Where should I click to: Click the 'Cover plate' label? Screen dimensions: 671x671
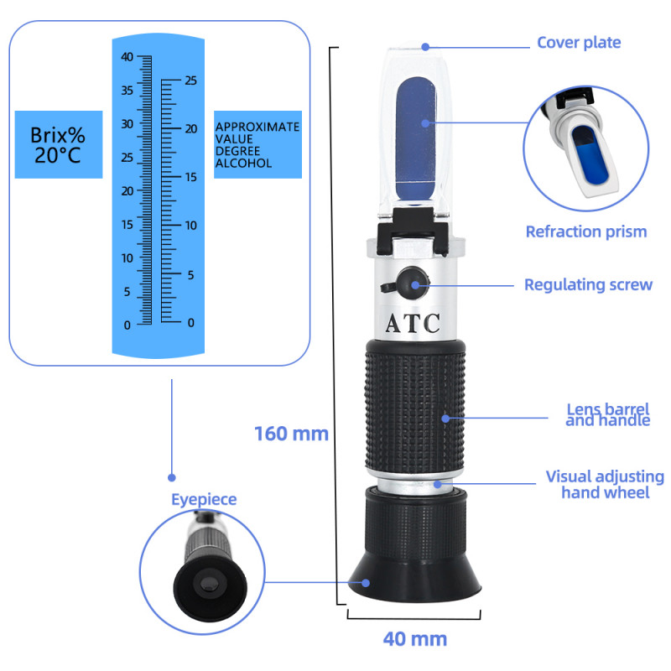579,42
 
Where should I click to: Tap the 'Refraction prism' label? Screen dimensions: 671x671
586,231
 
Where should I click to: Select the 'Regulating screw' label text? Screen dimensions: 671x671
588,284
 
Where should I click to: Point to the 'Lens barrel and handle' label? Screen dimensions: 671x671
607,415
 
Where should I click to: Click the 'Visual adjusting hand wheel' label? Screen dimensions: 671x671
604,484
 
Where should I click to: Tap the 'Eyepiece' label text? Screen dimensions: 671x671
204,499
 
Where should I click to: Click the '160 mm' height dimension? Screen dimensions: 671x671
291,434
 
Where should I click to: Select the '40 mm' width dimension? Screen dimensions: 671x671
414,638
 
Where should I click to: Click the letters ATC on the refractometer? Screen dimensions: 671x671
412,324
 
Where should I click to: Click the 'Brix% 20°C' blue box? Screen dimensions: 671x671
58,144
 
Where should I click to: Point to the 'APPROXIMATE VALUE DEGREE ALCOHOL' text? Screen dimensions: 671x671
257,144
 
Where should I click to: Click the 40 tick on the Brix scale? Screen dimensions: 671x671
127,57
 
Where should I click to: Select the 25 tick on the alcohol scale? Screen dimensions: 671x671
190,81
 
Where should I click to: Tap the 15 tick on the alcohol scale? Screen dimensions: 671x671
190,177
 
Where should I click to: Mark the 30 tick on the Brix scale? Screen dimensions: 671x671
127,124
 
